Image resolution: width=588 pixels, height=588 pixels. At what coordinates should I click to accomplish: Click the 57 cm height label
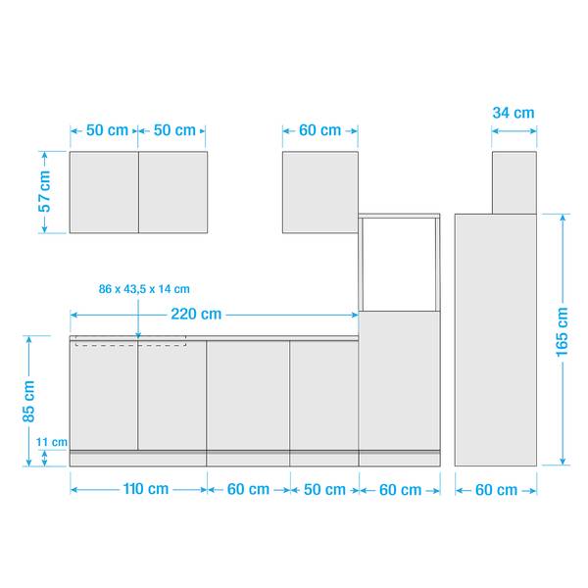pyautogui.click(x=44, y=191)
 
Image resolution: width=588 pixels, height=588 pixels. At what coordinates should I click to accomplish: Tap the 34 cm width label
pyautogui.click(x=513, y=113)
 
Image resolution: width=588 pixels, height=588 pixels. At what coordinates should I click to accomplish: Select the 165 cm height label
pyautogui.click(x=562, y=332)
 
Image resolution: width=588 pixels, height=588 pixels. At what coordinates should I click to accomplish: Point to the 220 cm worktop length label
pyautogui.click(x=196, y=314)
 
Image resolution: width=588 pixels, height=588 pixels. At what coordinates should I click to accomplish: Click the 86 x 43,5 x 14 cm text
pyautogui.click(x=144, y=289)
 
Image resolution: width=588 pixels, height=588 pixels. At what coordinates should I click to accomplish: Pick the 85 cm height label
pyautogui.click(x=28, y=401)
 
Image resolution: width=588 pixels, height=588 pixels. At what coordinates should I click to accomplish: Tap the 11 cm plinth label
pyautogui.click(x=52, y=442)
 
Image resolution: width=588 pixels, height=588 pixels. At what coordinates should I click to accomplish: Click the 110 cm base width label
pyautogui.click(x=146, y=489)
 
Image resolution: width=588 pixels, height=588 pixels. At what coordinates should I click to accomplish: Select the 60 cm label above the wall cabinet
pyautogui.click(x=319, y=130)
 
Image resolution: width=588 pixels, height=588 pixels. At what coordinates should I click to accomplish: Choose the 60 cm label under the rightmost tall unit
pyautogui.click(x=496, y=490)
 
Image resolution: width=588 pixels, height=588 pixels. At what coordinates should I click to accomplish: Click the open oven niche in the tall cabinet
pyautogui.click(x=399, y=264)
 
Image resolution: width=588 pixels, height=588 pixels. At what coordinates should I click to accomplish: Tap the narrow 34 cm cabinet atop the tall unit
pyautogui.click(x=514, y=182)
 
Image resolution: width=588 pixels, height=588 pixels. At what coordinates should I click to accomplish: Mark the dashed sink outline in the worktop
pyautogui.click(x=130, y=341)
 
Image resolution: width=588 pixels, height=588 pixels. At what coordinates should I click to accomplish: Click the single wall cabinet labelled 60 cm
pyautogui.click(x=320, y=192)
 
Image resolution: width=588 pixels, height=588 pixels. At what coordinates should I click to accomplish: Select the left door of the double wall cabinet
pyautogui.click(x=104, y=192)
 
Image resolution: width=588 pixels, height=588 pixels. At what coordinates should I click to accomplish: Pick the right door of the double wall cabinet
pyautogui.click(x=172, y=192)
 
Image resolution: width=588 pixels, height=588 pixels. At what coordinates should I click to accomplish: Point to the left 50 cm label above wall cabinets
pyautogui.click(x=107, y=130)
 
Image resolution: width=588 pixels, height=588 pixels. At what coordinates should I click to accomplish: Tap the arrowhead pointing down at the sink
pyautogui.click(x=138, y=335)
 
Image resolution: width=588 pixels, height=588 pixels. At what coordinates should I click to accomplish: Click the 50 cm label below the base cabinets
pyautogui.click(x=324, y=489)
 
